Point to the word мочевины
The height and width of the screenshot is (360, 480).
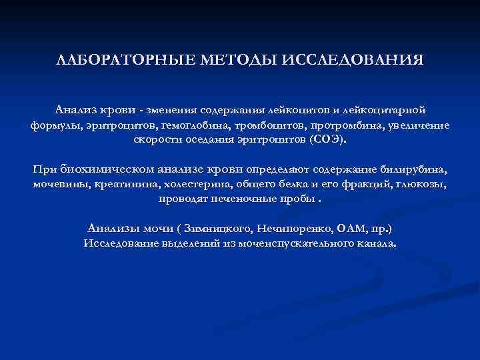(58, 183)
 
